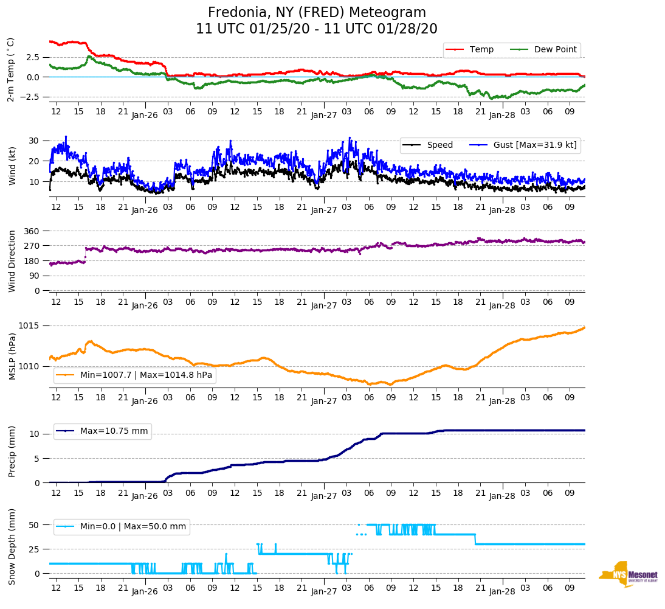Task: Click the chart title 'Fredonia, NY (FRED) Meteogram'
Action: (317, 13)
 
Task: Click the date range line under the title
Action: (317, 29)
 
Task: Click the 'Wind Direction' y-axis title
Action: (12, 260)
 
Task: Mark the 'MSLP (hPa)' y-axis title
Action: (12, 357)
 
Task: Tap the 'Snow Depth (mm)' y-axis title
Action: (12, 546)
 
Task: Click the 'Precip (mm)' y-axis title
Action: (12, 454)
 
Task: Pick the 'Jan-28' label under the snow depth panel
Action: (502, 591)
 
